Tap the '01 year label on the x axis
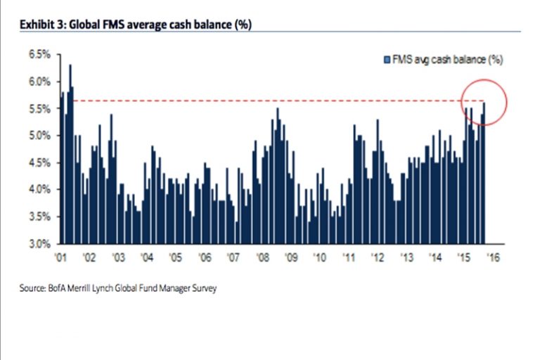point(61,257)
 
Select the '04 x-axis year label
point(147,257)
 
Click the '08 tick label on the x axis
point(262,257)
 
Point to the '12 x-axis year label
point(378,257)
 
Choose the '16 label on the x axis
point(493,257)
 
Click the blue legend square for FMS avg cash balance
point(385,60)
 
